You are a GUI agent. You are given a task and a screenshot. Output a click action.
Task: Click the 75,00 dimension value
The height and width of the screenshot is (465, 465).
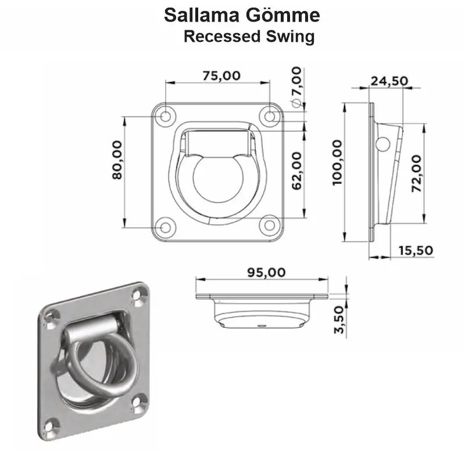[x=219, y=76]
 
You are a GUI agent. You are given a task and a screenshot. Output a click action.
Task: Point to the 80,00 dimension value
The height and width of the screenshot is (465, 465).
[x=117, y=160]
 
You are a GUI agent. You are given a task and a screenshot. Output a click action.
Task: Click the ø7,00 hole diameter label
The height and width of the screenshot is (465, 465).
[x=296, y=87]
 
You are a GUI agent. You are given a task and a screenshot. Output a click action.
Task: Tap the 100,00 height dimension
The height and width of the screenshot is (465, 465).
[x=338, y=162]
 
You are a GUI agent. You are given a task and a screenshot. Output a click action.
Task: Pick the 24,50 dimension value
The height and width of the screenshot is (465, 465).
[x=389, y=81]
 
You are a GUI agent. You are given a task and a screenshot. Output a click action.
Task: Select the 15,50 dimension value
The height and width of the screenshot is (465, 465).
[x=416, y=251]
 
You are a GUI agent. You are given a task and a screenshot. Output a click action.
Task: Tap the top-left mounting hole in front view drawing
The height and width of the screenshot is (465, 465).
[x=166, y=116]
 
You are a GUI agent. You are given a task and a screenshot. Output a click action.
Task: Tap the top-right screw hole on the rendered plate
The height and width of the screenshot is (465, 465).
[x=139, y=296]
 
